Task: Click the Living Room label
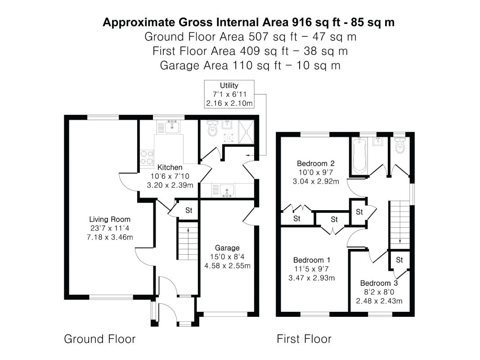coord(110,219)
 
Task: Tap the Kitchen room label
coord(170,167)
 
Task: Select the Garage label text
coord(227,247)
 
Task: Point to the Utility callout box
coord(229,94)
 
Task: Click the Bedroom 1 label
coord(312,260)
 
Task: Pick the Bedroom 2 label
coord(316,163)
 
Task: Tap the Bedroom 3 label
coord(379,283)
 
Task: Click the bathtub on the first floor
coord(359,156)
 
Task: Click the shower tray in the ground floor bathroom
coord(246,132)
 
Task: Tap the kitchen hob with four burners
coord(147,157)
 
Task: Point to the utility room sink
coord(227,190)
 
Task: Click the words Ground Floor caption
coord(100,339)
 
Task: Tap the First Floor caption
coord(304,339)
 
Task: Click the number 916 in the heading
coord(302,22)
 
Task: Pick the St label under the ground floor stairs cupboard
coord(188,210)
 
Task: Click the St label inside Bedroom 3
coord(399,260)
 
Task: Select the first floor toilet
coord(400,145)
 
